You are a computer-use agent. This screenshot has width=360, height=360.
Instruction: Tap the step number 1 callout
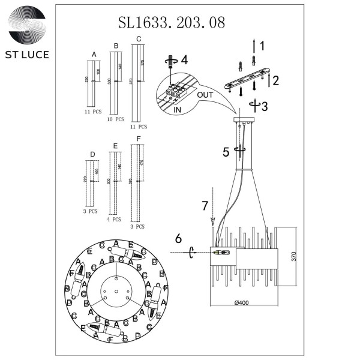pyautogui.click(x=262, y=44)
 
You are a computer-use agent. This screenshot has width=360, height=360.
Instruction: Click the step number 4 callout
pyautogui.click(x=185, y=60)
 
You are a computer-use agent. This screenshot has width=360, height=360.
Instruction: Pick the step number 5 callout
pyautogui.click(x=226, y=152)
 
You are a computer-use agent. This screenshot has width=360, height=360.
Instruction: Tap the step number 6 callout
pyautogui.click(x=178, y=238)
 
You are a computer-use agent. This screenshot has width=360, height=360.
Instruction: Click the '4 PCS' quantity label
pyautogui.click(x=114, y=220)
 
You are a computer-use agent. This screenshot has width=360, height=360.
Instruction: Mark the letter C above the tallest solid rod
pyautogui.click(x=139, y=39)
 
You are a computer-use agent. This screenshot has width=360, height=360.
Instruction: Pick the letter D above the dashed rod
pyautogui.click(x=92, y=155)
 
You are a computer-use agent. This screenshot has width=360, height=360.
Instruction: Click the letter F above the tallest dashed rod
pyautogui.click(x=139, y=139)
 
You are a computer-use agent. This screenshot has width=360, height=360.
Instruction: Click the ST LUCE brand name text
pyautogui.click(x=29, y=55)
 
